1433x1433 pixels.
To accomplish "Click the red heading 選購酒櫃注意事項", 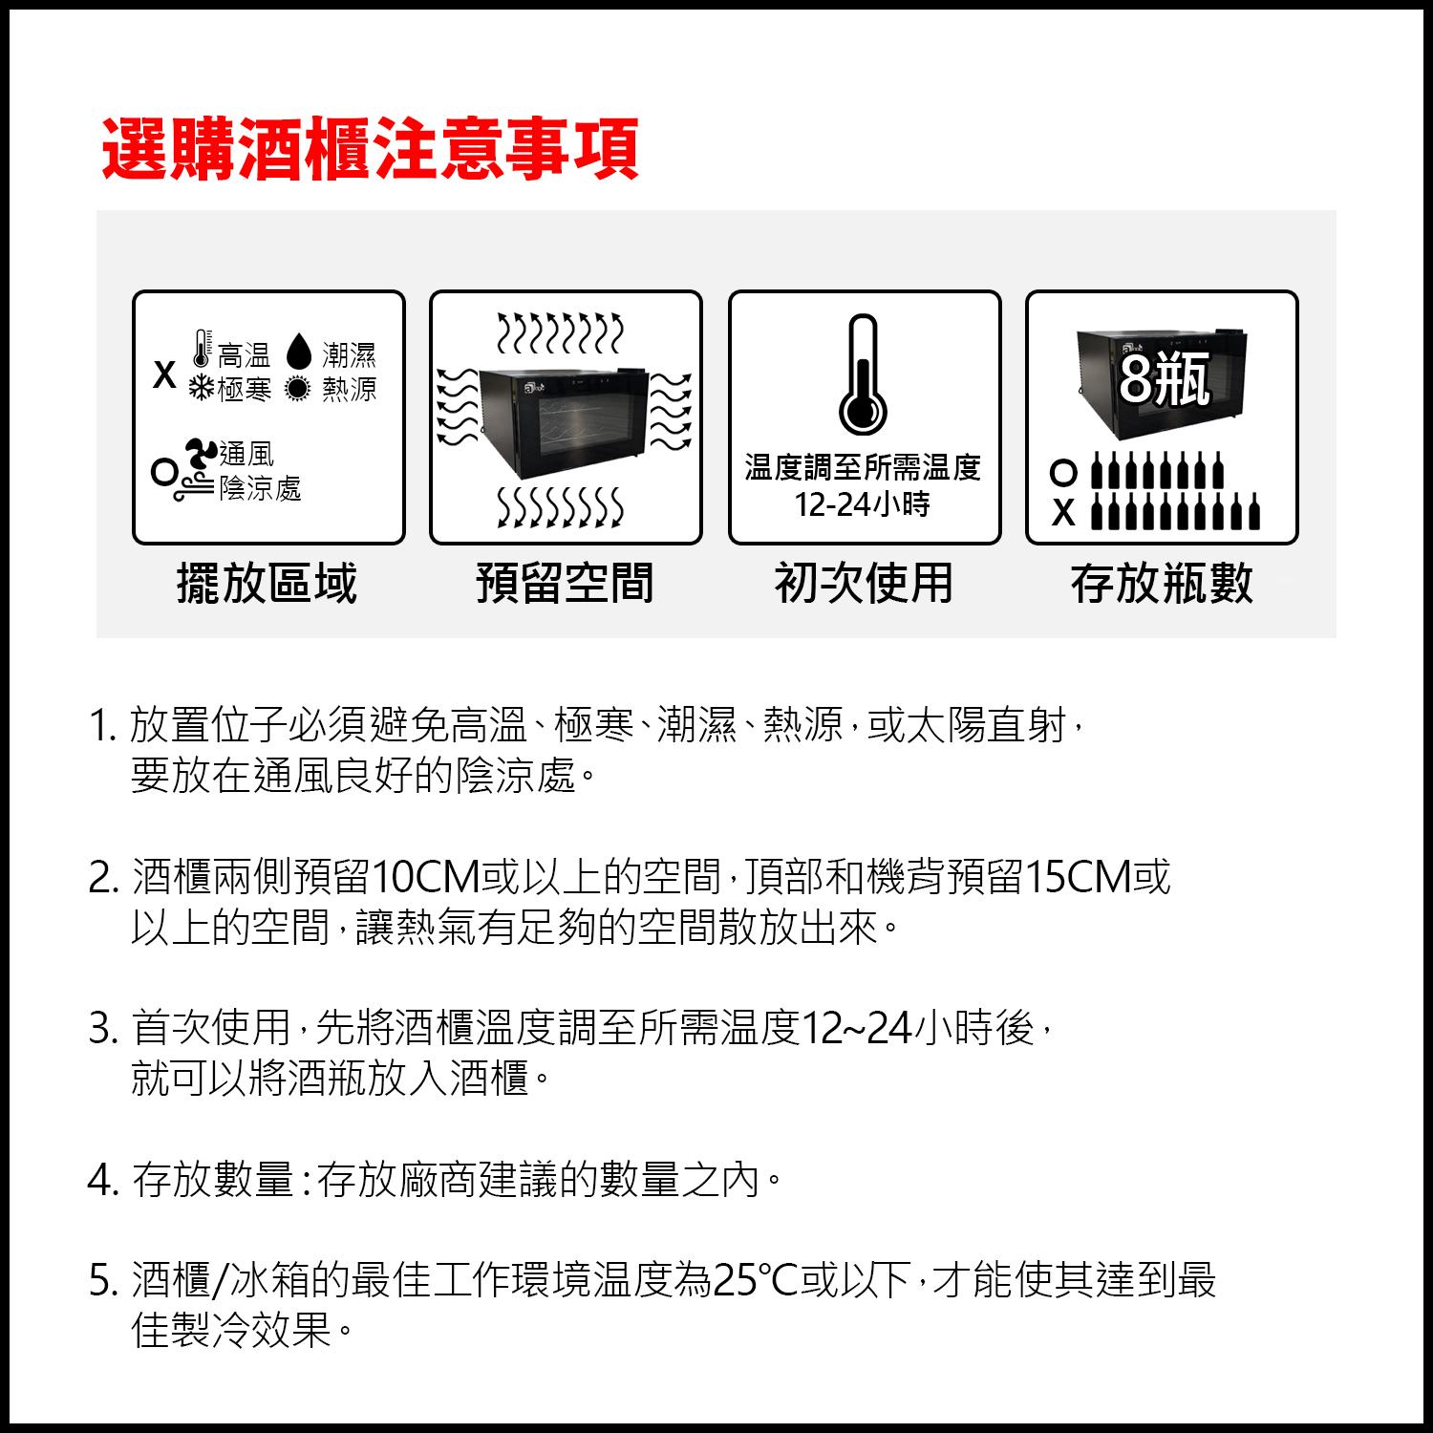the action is pyautogui.click(x=370, y=150).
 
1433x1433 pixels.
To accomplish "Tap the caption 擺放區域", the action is pyautogui.click(x=267, y=583).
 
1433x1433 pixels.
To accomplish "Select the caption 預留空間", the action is pyautogui.click(x=566, y=583).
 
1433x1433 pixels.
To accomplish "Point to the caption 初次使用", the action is pyautogui.click(x=864, y=583).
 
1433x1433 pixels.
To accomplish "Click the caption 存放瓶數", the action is pyautogui.click(x=1162, y=583).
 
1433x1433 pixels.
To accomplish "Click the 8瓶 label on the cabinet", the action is pyautogui.click(x=1165, y=379).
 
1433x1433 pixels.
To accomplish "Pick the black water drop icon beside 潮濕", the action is pyautogui.click(x=300, y=353).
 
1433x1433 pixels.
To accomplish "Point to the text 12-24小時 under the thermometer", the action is pyautogui.click(x=863, y=503).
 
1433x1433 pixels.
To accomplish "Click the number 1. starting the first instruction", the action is pyautogui.click(x=101, y=727).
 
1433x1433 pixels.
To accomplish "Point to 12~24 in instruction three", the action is pyautogui.click(x=855, y=1029).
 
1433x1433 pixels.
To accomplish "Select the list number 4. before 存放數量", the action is pyautogui.click(x=102, y=1182).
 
